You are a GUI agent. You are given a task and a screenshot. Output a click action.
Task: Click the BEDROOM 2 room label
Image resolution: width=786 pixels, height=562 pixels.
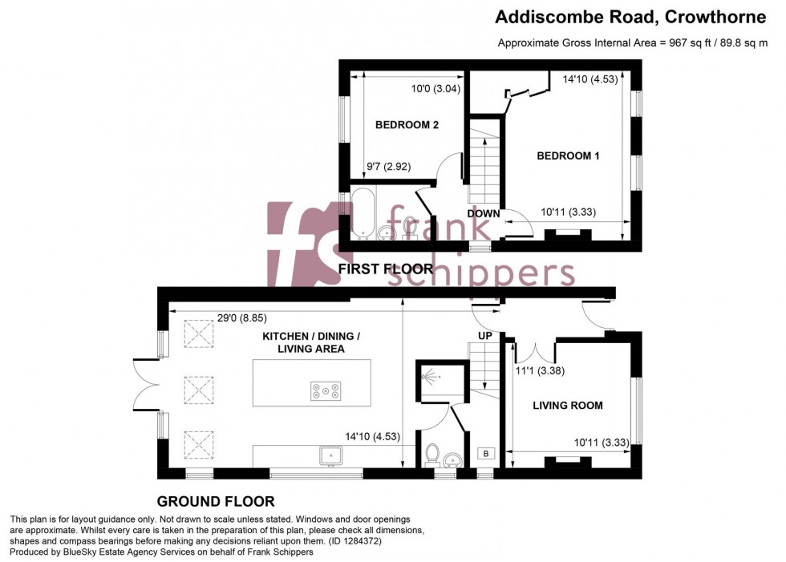407,124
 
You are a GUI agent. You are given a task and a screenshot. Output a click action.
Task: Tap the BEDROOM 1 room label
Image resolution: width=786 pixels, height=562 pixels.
568,156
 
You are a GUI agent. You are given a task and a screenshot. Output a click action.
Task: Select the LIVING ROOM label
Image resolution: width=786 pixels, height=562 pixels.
568,405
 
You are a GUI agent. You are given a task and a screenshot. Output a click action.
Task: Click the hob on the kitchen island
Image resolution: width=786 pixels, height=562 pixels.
326,391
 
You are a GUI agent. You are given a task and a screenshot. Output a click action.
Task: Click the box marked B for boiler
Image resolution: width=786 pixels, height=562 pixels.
485,454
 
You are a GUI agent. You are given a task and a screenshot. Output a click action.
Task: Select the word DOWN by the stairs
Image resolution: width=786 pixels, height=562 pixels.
484,214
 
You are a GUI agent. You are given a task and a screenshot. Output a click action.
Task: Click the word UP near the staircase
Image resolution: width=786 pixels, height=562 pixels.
485,335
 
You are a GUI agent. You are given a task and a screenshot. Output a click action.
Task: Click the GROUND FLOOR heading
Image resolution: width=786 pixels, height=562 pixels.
215,502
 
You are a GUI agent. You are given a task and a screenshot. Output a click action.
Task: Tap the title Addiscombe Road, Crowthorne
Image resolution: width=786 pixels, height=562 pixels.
631,16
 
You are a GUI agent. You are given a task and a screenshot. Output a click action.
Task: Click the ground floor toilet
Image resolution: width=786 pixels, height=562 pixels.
431,453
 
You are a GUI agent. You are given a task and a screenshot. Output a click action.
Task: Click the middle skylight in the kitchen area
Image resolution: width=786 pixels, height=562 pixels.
200,390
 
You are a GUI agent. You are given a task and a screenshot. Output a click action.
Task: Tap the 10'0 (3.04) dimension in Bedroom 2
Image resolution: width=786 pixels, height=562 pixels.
436,89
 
